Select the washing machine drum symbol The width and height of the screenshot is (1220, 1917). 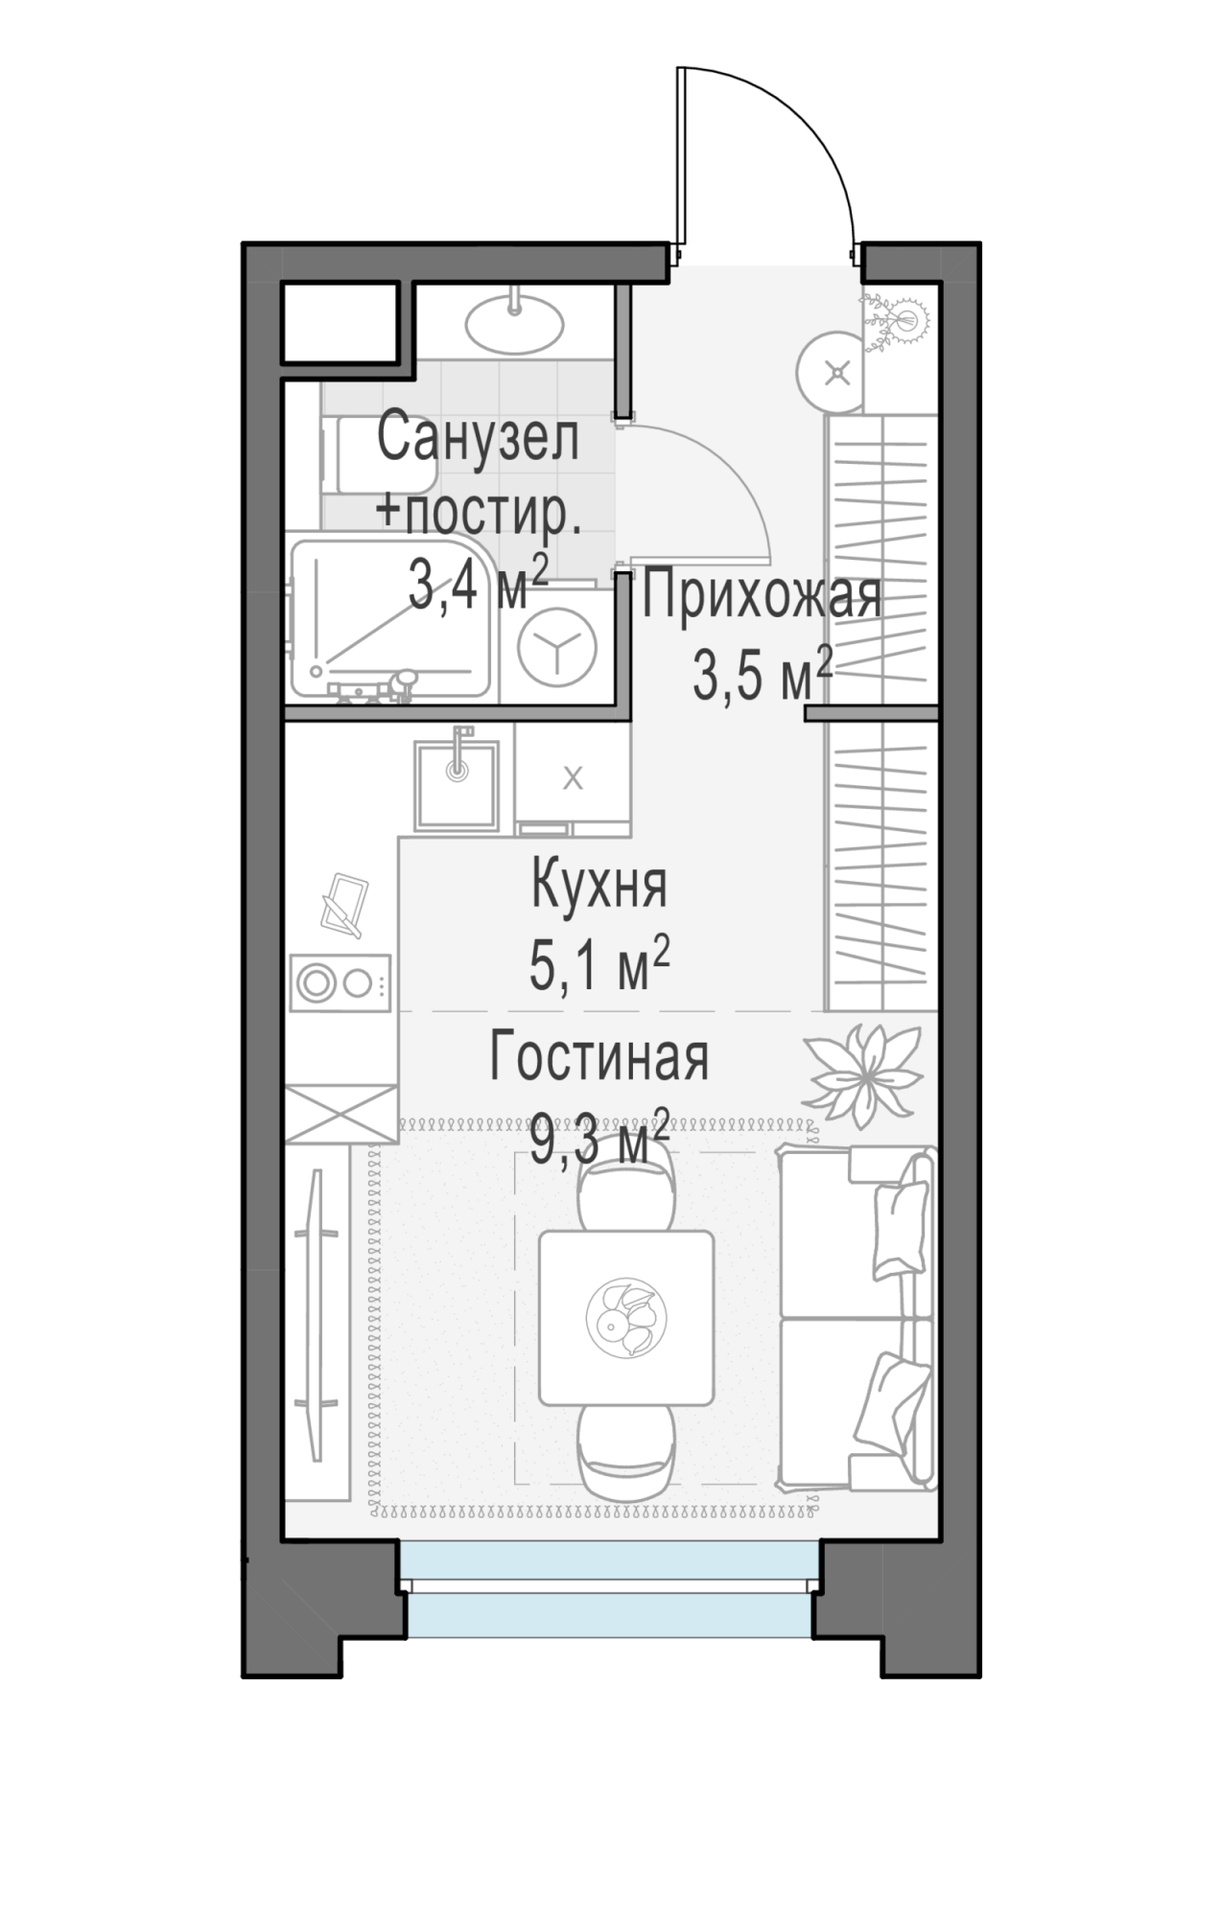[x=556, y=647]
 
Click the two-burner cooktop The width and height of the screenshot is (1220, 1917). [x=340, y=982]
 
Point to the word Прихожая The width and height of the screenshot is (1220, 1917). [x=762, y=596]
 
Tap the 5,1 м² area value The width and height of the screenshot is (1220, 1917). [x=599, y=964]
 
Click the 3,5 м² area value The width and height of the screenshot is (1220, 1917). [x=762, y=677]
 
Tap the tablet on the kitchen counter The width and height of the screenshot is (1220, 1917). [x=344, y=904]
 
